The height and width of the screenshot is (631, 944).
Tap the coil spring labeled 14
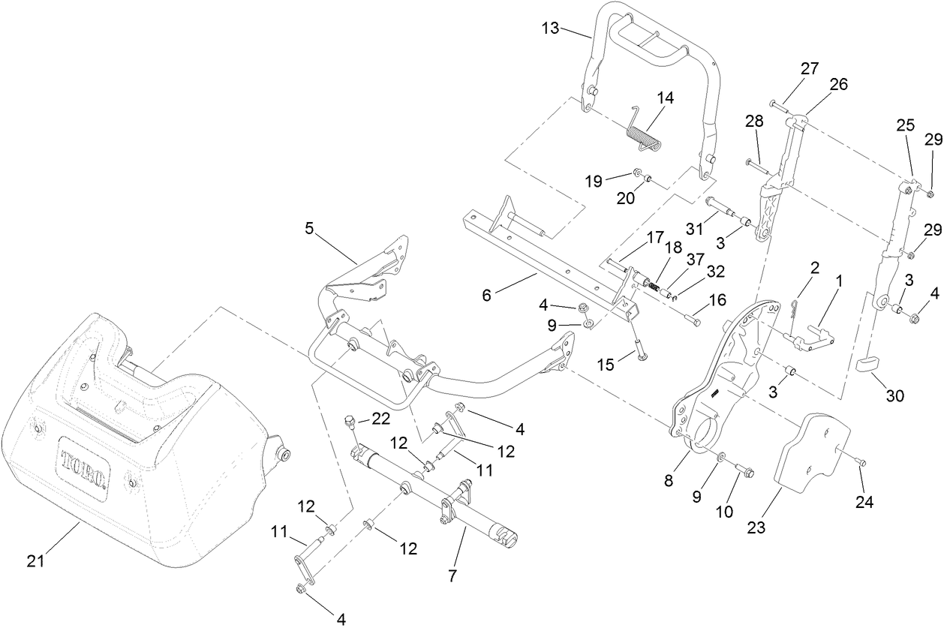tap(643, 134)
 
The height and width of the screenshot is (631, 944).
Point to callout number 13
tap(550, 29)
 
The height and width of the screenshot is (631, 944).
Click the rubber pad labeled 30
tap(871, 365)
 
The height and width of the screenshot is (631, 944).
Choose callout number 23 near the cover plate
tap(756, 527)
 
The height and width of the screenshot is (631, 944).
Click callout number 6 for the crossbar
tap(486, 296)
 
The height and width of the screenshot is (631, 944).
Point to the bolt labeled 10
tap(745, 470)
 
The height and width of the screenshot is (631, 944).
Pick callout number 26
tap(838, 84)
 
